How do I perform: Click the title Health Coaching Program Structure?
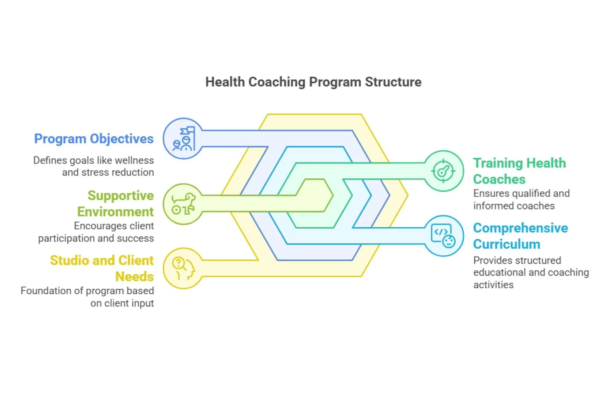[313, 82]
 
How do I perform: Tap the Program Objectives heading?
[93, 139]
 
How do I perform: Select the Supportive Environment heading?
[116, 204]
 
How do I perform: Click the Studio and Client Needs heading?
[102, 268]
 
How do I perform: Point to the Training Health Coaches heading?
[519, 171]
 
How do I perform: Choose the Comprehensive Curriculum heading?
[520, 236]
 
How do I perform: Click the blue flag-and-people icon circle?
[183, 139]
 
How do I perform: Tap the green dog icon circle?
[183, 204]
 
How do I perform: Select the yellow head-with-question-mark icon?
[183, 268]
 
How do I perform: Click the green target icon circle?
[443, 171]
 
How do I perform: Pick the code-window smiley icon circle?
[443, 236]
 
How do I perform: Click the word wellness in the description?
[134, 160]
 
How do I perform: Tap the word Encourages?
[93, 226]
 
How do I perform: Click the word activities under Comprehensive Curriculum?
[493, 285]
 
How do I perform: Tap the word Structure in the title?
[393, 82]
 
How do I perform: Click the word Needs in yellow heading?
[134, 277]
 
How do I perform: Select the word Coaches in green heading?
[499, 179]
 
